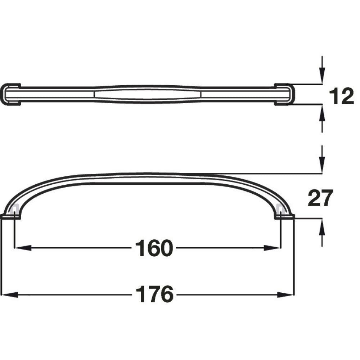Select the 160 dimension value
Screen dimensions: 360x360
click(154, 248)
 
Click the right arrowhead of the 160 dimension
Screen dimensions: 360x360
click(274, 248)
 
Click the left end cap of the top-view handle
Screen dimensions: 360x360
click(10, 94)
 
